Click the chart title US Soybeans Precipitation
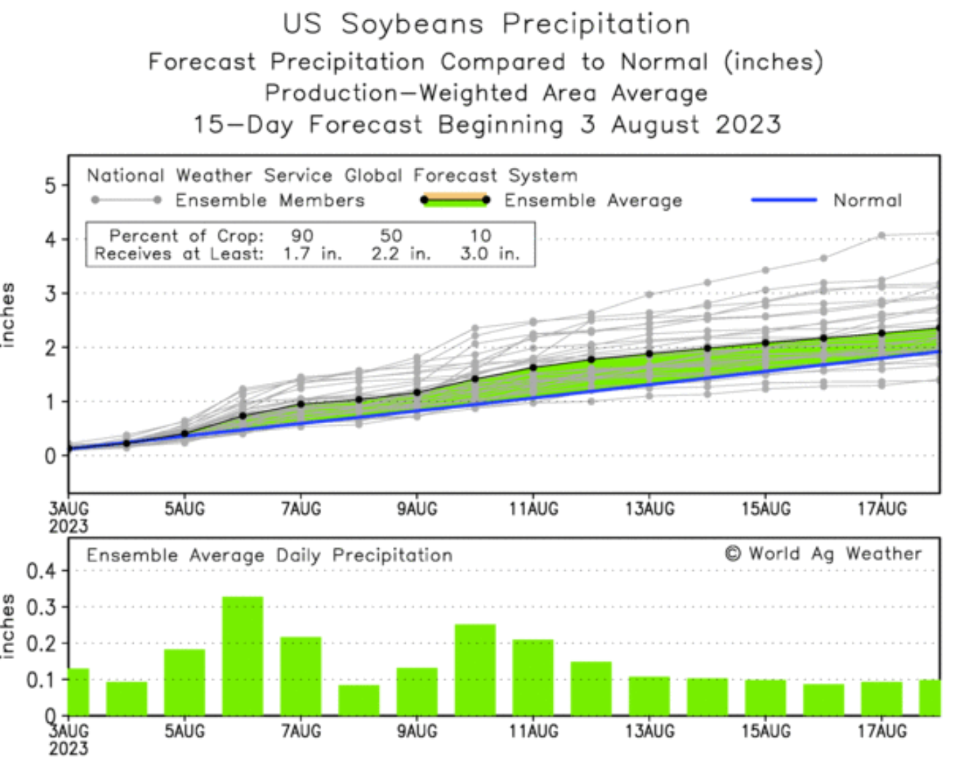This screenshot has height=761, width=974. pyautogui.click(x=486, y=24)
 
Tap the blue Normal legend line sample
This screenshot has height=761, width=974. pyautogui.click(x=783, y=200)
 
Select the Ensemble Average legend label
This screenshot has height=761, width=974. pyautogui.click(x=592, y=200)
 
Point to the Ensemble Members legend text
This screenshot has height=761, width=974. pyautogui.click(x=269, y=200)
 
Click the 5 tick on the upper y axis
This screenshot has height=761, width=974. pyautogui.click(x=51, y=185)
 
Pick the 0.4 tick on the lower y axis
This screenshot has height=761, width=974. pyautogui.click(x=41, y=572)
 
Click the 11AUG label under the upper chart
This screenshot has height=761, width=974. pyautogui.click(x=533, y=509)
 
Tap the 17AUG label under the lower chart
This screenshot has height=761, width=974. pyautogui.click(x=882, y=731)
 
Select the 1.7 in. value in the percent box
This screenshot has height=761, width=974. pyautogui.click(x=312, y=254)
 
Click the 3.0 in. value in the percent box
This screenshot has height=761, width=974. pyautogui.click(x=490, y=254)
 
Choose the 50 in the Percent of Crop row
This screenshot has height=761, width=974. pyautogui.click(x=391, y=236)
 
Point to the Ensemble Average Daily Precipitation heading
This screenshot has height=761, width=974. pyautogui.click(x=269, y=555)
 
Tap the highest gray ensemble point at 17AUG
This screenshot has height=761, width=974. pyautogui.click(x=882, y=236)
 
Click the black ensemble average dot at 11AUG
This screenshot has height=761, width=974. pyautogui.click(x=533, y=367)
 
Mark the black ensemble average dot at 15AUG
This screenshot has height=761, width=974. pyautogui.click(x=765, y=343)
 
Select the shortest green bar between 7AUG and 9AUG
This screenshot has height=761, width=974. pyautogui.click(x=359, y=699)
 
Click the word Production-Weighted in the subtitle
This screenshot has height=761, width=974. pyautogui.click(x=396, y=93)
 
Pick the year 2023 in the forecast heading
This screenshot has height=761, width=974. pyautogui.click(x=748, y=125)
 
